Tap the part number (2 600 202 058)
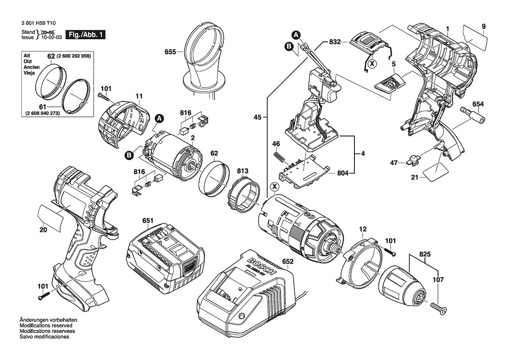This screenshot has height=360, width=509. [74, 56]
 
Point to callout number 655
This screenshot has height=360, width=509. [170, 52]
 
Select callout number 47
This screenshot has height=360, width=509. [394, 163]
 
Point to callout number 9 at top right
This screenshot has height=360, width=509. [483, 27]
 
